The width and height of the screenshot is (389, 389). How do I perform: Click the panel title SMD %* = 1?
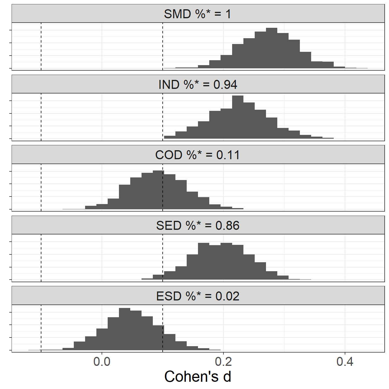coord(198,14)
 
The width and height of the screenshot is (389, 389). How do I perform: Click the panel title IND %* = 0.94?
coord(198,85)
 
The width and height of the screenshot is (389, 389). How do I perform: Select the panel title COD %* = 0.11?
coord(198,155)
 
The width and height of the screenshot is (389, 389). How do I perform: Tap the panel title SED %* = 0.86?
coord(198,225)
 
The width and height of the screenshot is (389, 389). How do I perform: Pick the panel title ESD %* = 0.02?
coord(198,296)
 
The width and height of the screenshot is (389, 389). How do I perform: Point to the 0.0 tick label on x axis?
coord(102,362)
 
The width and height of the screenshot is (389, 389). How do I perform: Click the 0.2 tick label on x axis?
coord(223,362)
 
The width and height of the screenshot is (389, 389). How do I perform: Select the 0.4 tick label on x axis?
coord(345,362)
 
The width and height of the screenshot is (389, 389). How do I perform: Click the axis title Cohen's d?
coord(198,377)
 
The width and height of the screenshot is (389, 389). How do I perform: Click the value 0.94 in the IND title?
coord(225,85)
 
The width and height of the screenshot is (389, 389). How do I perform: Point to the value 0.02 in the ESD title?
coord(227,296)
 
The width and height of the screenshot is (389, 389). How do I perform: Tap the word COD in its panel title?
coord(169,155)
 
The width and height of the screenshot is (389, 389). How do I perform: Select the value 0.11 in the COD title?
coord(228,155)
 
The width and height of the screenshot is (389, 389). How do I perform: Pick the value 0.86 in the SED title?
coord(227,225)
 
